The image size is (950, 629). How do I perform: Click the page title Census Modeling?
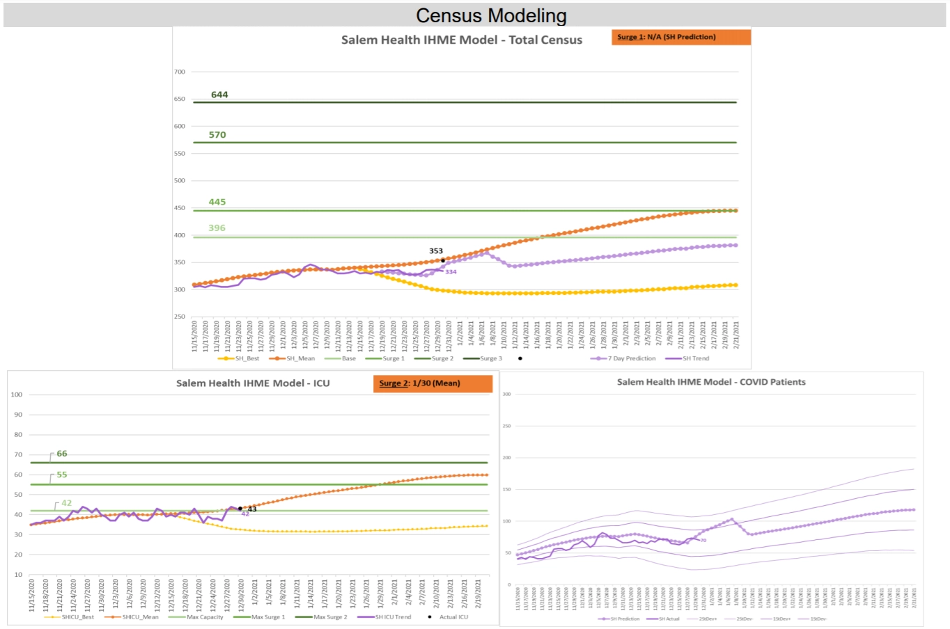(x=491, y=15)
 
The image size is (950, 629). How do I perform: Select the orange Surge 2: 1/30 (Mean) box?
(x=433, y=383)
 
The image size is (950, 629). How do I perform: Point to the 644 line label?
(x=219, y=95)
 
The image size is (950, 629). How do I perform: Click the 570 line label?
(x=217, y=135)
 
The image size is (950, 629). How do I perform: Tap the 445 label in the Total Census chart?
(x=217, y=202)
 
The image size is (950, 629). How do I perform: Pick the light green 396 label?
(x=217, y=228)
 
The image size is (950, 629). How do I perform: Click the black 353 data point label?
(x=436, y=251)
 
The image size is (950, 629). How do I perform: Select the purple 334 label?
(x=451, y=272)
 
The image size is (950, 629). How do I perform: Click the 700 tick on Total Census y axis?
(x=180, y=72)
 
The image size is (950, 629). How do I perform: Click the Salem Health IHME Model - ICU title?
(x=253, y=383)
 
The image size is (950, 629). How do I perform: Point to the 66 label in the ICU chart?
(x=62, y=454)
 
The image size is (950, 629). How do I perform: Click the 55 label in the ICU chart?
(x=62, y=475)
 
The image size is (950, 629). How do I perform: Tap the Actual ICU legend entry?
(x=453, y=617)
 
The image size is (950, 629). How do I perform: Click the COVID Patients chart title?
(x=711, y=382)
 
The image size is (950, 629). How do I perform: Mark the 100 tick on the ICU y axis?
(x=17, y=395)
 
